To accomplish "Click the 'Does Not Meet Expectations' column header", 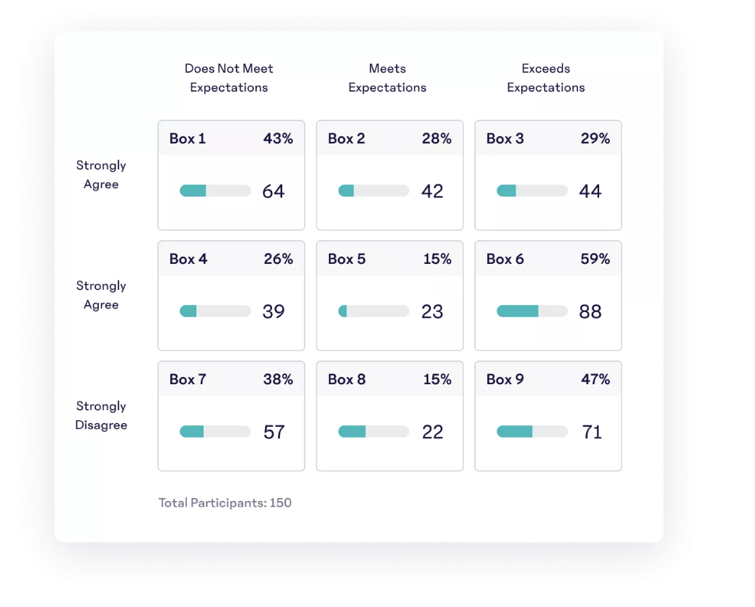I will point(229,78).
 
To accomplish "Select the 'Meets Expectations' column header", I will point(388,78).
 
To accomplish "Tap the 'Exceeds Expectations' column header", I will point(546,78).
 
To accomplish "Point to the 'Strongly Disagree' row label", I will point(101,415).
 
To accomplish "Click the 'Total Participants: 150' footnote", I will point(225,502).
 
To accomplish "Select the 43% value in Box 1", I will point(278,138).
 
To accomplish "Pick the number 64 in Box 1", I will point(274,191).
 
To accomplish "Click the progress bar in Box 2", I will point(373,191).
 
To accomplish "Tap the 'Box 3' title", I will point(505,138).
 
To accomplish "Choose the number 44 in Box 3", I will point(590,191).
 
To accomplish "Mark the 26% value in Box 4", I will point(278,259).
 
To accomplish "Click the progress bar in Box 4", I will point(215,311).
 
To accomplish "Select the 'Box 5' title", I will point(346,259).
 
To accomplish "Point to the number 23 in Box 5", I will point(432,311).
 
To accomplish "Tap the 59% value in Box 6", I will point(595,259).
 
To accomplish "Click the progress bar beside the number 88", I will point(532,311).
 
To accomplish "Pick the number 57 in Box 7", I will point(274,432).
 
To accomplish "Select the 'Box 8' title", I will point(346,379).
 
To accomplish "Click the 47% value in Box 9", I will point(595,379).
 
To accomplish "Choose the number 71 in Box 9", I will point(592,432).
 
